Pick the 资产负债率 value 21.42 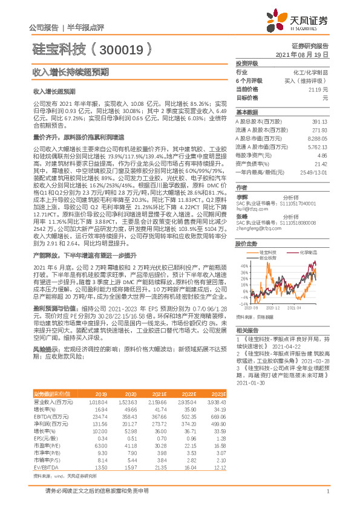(321, 163)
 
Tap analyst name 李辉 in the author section (241, 197)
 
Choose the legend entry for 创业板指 (267, 256)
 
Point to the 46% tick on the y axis (242, 265)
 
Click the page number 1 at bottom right (327, 492)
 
